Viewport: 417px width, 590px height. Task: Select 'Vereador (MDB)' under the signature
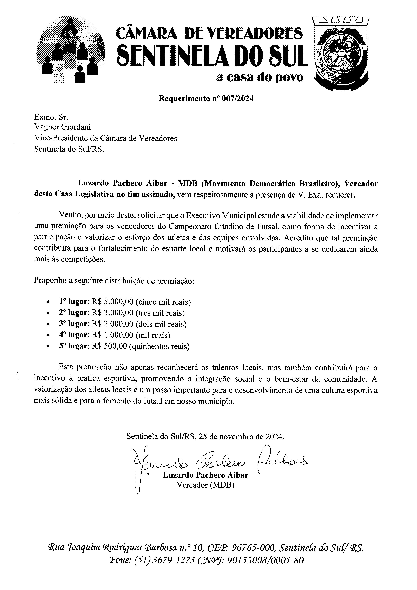click(x=205, y=485)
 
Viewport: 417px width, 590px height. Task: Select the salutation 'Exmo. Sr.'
click(x=51, y=117)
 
